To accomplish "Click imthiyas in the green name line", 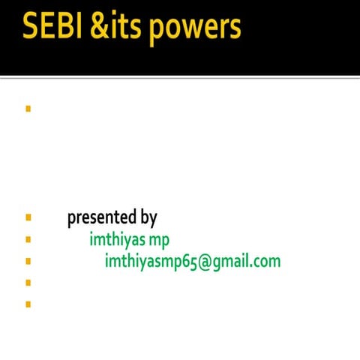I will pos(117,240).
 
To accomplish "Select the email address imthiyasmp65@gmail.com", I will pos(193,262).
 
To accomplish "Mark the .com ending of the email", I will pos(265,262).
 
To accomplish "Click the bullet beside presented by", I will pos(28,218).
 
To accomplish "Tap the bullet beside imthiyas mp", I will pos(28,240).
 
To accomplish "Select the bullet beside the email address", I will pos(28,262).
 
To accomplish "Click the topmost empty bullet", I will pos(28,109).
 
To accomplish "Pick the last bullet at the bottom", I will pos(28,304).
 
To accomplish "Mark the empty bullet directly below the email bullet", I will pos(28,283).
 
